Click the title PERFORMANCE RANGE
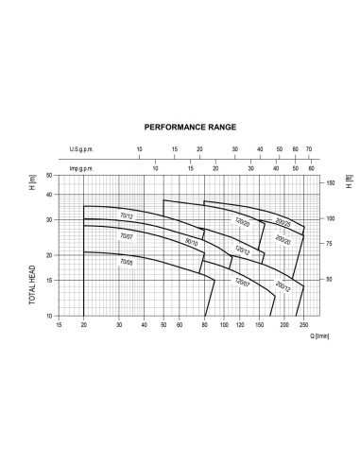[189, 125]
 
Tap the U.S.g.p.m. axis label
[86, 148]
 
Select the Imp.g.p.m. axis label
[87, 168]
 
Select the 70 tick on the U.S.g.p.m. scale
[309, 148]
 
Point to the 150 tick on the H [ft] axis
[329, 182]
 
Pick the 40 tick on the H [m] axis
[50, 194]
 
